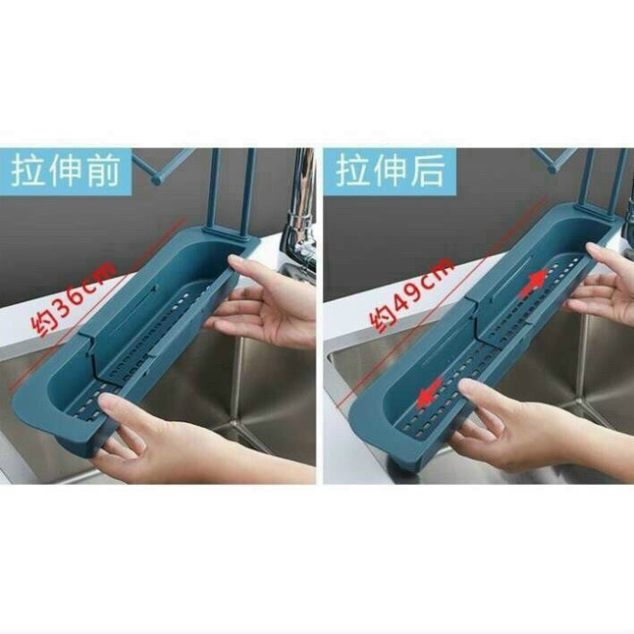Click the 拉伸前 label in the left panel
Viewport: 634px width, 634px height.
point(65,172)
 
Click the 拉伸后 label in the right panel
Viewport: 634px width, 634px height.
point(390,171)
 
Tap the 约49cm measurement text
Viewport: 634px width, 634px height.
point(411,294)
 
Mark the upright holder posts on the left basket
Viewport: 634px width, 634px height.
point(231,194)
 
